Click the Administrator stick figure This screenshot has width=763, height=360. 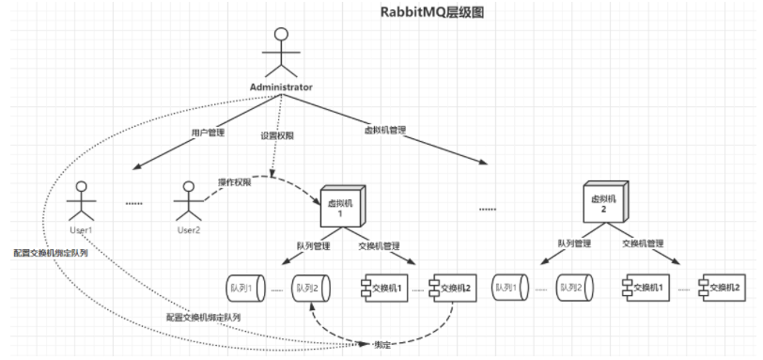[x=279, y=52]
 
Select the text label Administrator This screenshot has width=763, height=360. [x=280, y=86]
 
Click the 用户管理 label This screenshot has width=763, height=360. [x=208, y=133]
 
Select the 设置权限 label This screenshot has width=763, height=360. [x=278, y=135]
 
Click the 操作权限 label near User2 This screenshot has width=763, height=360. [x=235, y=181]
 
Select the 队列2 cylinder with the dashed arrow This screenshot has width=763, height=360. [x=310, y=287]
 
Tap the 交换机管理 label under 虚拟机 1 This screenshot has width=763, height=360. [x=380, y=247]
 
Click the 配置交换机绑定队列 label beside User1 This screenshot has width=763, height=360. [x=51, y=253]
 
